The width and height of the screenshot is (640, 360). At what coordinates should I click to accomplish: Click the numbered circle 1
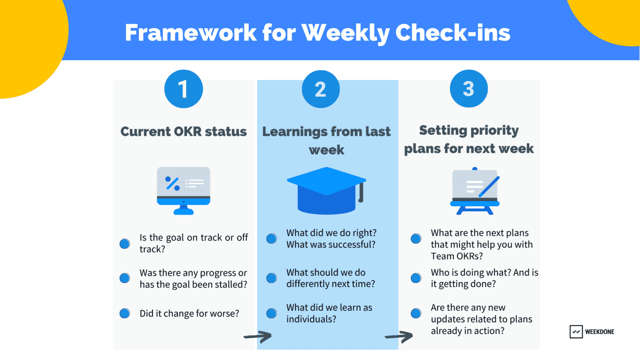(183, 89)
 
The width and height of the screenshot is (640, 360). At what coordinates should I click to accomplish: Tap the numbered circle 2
(320, 89)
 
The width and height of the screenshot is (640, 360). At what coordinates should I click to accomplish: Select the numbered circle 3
(468, 88)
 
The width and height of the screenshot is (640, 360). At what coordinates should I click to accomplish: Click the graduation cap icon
(326, 190)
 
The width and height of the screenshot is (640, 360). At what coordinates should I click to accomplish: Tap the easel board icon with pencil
(475, 191)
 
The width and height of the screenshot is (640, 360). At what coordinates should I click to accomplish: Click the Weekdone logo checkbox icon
(576, 332)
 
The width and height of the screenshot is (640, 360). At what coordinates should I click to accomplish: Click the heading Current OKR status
(183, 132)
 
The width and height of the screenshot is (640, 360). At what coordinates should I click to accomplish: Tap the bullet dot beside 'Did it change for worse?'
(125, 313)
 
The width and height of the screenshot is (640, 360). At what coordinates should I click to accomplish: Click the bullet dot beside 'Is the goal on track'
(125, 244)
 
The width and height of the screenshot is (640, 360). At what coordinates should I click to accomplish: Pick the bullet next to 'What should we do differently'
(271, 278)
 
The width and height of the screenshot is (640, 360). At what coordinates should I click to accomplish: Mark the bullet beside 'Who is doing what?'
(416, 278)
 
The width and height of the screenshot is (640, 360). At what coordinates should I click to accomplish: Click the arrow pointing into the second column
(257, 336)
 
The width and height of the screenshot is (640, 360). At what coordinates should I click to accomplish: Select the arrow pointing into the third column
(399, 336)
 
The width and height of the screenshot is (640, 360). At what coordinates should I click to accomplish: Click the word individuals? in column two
(311, 319)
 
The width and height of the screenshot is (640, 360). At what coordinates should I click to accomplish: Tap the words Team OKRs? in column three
(457, 256)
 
